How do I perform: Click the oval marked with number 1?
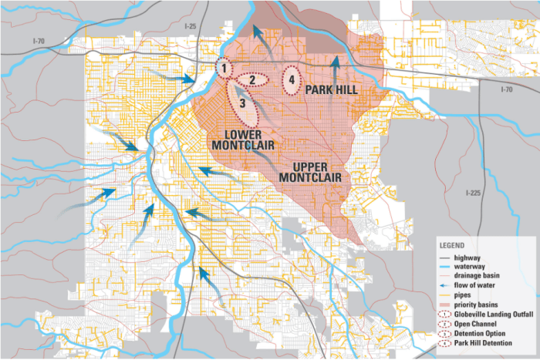tap(223, 69)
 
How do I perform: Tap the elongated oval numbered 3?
tap(242, 103)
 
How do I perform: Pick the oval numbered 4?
tap(291, 79)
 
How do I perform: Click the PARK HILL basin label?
tap(334, 91)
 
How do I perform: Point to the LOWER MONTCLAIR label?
tap(236, 139)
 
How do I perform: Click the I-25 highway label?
tap(191, 27)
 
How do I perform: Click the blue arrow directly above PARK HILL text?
tap(334, 68)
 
